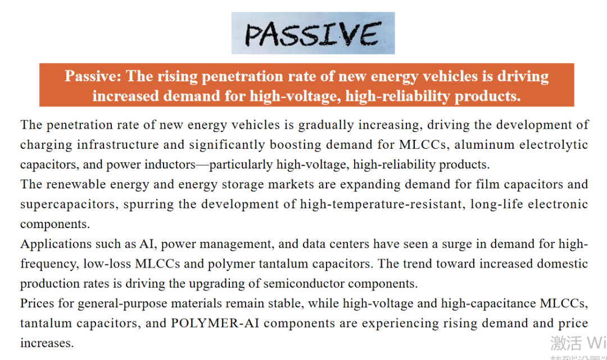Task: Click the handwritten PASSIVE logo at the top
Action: click(x=313, y=33)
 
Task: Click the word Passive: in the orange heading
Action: click(x=93, y=76)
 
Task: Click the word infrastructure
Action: click(x=117, y=145)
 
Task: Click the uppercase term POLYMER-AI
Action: click(x=215, y=323)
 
